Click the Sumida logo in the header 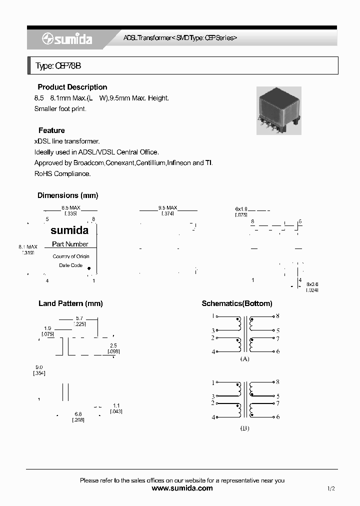[x=66, y=39]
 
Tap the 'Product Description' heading [x=72, y=87]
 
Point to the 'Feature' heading [x=51, y=130]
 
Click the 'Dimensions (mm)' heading [x=67, y=195]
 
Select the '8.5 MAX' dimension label [x=70, y=207]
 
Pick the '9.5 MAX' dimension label [x=167, y=207]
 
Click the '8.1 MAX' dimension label [x=28, y=247]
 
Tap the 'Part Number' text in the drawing [x=70, y=244]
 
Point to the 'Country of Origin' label [x=71, y=256]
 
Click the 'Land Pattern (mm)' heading [x=70, y=303]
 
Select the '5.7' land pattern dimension [x=79, y=318]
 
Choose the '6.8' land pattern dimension [x=78, y=414]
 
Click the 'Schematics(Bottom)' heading [x=237, y=303]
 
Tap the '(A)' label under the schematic [x=245, y=359]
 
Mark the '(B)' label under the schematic [x=245, y=428]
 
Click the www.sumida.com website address [x=182, y=488]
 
